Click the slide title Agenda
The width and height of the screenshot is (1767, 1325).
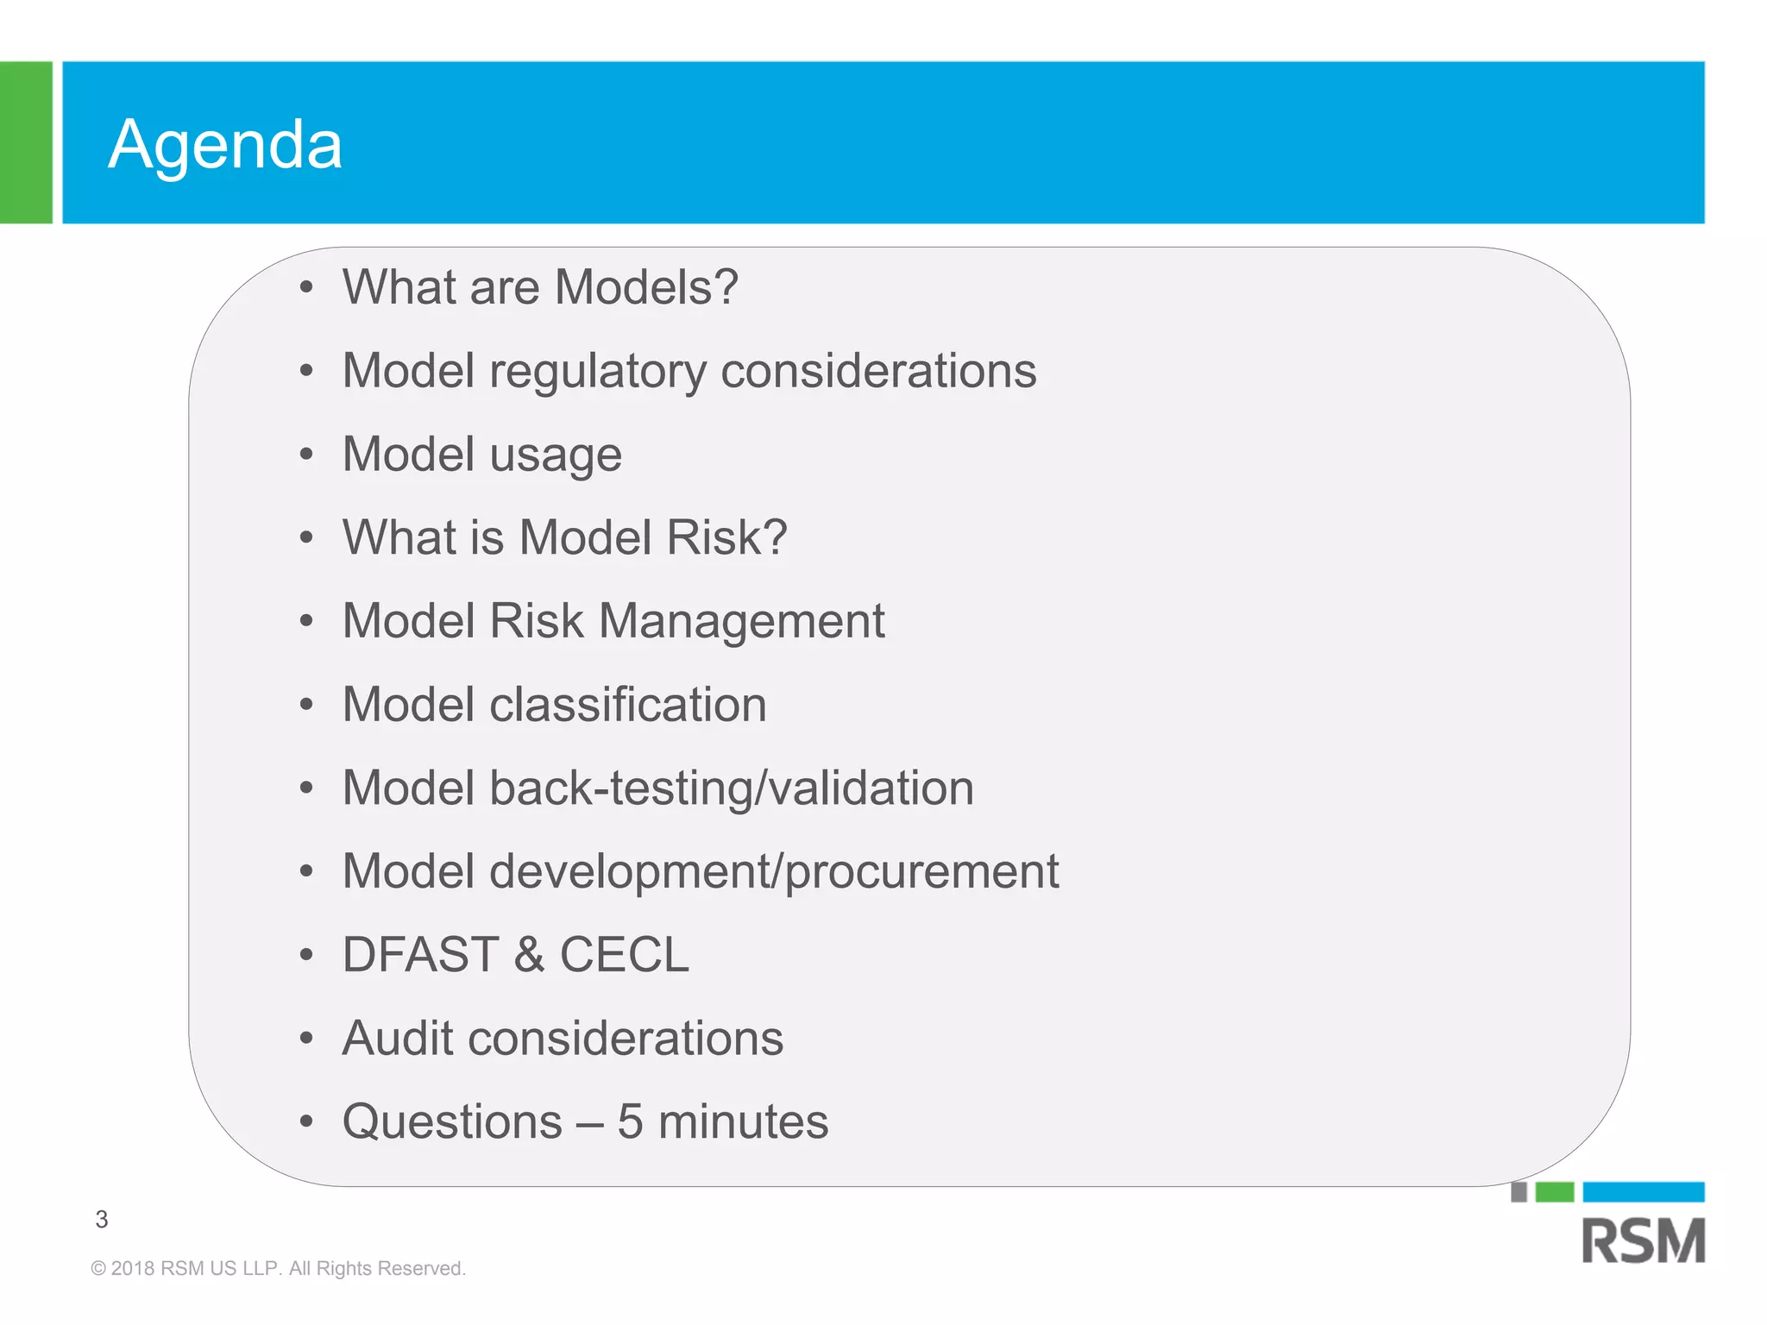point(225,144)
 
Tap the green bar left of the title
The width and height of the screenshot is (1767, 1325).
point(26,142)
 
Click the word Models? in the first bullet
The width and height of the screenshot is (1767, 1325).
point(646,287)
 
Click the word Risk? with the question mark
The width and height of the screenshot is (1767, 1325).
point(726,537)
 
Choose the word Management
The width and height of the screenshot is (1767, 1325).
point(742,621)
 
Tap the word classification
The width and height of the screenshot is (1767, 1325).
point(628,705)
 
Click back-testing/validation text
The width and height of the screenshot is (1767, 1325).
point(732,788)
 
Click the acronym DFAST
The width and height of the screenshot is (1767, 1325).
point(421,955)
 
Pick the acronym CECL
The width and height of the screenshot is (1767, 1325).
point(625,955)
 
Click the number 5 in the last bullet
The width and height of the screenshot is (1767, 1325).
point(630,1121)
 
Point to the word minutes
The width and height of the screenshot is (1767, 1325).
point(743,1121)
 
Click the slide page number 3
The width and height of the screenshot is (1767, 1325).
point(102,1219)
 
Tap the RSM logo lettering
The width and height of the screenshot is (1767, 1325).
point(1644,1240)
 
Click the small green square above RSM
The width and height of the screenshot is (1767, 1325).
point(1555,1192)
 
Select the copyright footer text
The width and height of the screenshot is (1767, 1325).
point(278,1268)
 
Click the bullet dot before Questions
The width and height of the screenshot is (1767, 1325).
point(306,1121)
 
